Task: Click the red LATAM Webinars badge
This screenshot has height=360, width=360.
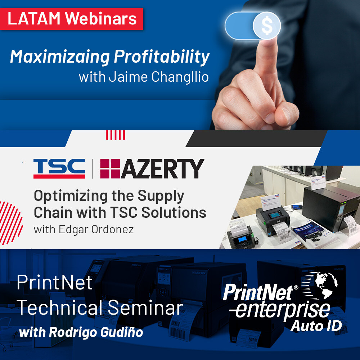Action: pos(72,18)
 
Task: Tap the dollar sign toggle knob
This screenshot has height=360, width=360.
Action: pos(267,25)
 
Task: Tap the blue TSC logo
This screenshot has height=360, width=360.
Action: pos(59,168)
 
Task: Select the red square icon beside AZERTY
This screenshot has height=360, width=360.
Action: pos(109,169)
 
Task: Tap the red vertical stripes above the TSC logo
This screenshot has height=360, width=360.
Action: pos(116,135)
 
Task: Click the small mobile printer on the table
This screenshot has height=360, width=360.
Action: pos(240,236)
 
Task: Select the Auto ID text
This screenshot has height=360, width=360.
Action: pos(316,325)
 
